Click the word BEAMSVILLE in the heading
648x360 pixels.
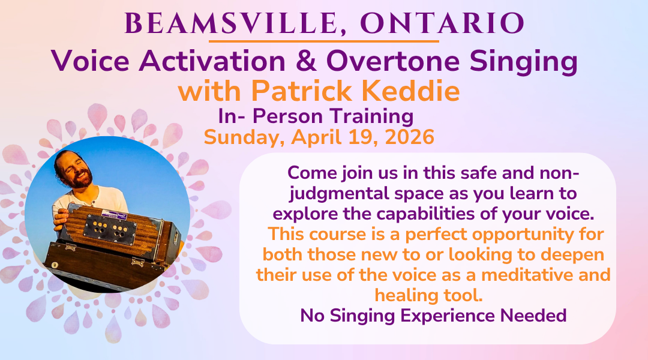point(231,23)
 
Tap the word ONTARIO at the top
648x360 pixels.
point(443,23)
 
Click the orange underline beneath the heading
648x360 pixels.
point(323,41)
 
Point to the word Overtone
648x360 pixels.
point(393,61)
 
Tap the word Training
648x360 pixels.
point(371,116)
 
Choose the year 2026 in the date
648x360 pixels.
point(410,137)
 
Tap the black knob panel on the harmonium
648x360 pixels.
point(110,226)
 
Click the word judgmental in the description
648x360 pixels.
point(337,194)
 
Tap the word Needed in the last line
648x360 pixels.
point(533,316)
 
